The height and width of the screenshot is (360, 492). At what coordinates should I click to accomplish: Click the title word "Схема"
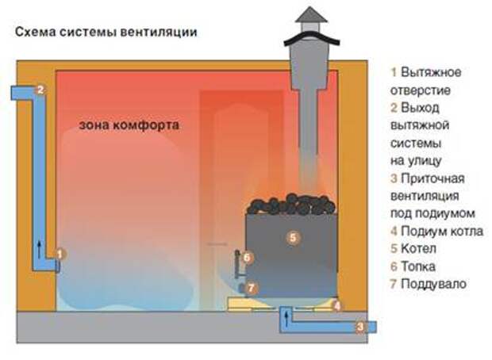click(x=35, y=32)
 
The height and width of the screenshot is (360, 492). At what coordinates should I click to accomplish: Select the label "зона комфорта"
click(x=129, y=124)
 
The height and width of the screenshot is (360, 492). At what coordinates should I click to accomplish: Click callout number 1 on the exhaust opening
click(x=60, y=254)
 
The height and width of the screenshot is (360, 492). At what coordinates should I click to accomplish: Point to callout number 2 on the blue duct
click(x=40, y=90)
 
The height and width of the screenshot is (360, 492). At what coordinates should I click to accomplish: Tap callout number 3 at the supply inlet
click(x=360, y=327)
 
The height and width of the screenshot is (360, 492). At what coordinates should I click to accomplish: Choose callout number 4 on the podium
click(x=337, y=305)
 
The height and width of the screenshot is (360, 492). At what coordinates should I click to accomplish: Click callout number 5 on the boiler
click(x=293, y=237)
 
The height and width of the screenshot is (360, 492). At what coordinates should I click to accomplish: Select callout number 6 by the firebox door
click(x=247, y=258)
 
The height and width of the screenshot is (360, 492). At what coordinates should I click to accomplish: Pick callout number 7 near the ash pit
click(x=251, y=288)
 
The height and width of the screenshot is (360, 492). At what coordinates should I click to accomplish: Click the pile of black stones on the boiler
click(x=291, y=205)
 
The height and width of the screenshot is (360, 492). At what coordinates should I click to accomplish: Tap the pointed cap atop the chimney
click(x=311, y=15)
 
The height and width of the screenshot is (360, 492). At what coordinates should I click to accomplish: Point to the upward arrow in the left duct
click(x=39, y=250)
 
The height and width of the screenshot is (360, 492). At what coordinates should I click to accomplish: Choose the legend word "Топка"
click(x=418, y=266)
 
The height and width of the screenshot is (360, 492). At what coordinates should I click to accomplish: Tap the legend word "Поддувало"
click(x=433, y=284)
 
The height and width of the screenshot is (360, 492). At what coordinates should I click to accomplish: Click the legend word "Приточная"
click(x=432, y=178)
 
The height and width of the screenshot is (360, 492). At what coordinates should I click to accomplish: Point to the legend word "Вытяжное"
click(x=431, y=72)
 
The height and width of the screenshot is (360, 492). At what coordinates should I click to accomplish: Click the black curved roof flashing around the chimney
click(x=312, y=38)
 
